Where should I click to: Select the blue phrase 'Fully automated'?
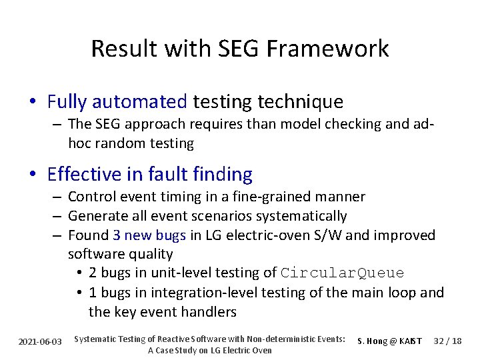117,102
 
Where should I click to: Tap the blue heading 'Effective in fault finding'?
150,175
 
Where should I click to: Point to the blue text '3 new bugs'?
149,235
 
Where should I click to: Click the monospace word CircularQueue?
342,273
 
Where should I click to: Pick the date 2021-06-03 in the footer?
41,341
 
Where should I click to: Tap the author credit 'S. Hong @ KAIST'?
389,341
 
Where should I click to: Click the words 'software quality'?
120,254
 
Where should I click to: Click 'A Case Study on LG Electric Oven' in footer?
209,350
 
